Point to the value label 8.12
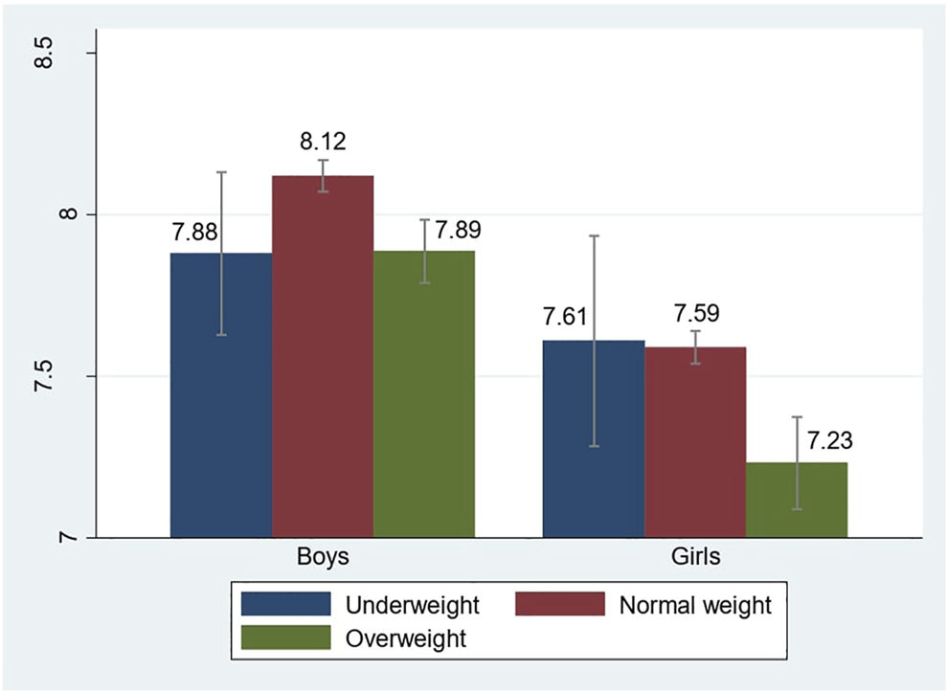point(323,142)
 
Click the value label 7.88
point(196,233)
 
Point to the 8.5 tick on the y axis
point(70,53)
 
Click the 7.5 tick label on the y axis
point(70,376)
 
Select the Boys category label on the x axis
point(322,557)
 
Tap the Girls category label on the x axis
point(695,557)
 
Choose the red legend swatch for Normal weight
point(560,604)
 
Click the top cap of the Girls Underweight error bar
point(594,235)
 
